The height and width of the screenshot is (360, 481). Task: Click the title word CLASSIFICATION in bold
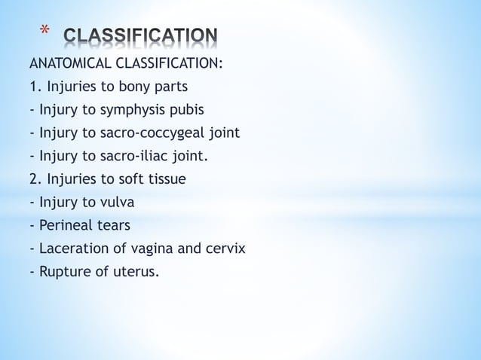[x=141, y=36]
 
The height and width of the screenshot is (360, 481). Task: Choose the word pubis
[x=186, y=111]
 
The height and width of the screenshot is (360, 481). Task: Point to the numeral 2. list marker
[x=35, y=179]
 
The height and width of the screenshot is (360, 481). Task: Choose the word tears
[x=113, y=225]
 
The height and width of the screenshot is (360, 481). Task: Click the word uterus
[x=137, y=271]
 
